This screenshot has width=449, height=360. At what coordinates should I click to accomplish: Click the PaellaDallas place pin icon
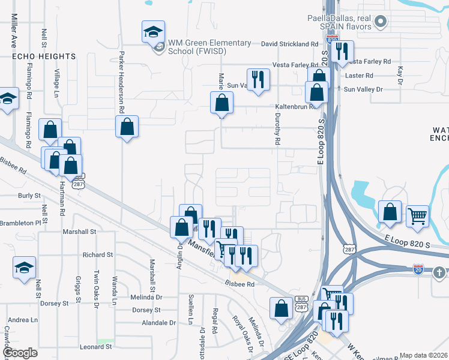[379, 23]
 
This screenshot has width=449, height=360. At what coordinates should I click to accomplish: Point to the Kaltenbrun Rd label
[295, 107]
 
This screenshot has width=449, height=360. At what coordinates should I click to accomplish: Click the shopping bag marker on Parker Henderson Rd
[127, 127]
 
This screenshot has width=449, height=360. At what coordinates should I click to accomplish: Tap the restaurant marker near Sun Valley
[258, 80]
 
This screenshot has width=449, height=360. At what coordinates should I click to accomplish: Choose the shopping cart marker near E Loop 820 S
[417, 216]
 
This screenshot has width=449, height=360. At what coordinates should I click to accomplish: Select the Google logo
[21, 353]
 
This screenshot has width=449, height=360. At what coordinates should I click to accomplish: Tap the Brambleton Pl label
[20, 222]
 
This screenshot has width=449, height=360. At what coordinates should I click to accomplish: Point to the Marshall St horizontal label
[79, 232]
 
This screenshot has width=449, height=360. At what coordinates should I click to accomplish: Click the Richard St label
[98, 255]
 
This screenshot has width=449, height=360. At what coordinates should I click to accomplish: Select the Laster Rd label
[360, 76]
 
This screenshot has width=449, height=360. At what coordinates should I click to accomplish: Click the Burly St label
[29, 196]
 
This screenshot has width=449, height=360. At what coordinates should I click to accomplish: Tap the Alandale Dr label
[155, 322]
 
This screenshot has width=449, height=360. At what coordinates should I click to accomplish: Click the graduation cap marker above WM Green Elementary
[153, 32]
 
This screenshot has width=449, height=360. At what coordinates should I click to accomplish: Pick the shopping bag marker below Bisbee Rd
[281, 309]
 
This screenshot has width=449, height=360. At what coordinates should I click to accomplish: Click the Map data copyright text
[423, 355]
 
